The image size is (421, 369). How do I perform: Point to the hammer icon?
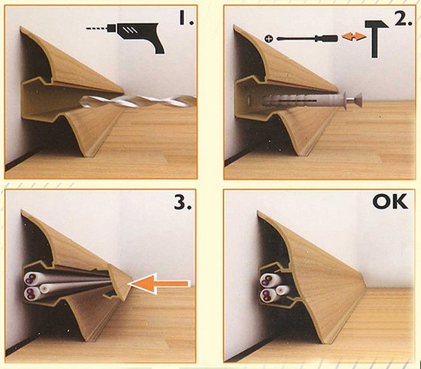(x=376, y=38)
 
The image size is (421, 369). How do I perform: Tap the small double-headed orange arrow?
(x=354, y=37)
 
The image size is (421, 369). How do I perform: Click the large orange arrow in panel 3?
(x=159, y=284)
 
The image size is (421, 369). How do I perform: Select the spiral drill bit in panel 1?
(x=138, y=101)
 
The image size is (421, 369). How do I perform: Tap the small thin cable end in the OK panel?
(x=281, y=290)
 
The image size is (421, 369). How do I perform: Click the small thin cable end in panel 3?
(x=44, y=288)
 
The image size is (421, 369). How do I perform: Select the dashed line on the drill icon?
(x=97, y=28)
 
